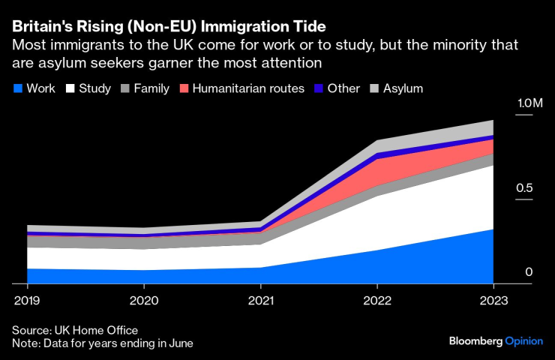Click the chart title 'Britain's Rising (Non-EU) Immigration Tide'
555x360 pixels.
click(169, 26)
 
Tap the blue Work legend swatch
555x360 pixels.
click(18, 88)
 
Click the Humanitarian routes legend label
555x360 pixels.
click(248, 88)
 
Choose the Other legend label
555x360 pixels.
click(344, 88)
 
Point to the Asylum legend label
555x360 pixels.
click(403, 88)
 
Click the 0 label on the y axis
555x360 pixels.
click(528, 271)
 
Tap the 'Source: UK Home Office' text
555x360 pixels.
click(75, 330)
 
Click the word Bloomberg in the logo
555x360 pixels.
click(475, 340)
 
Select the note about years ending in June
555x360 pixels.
click(103, 343)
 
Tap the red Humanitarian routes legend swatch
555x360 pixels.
click(184, 88)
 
